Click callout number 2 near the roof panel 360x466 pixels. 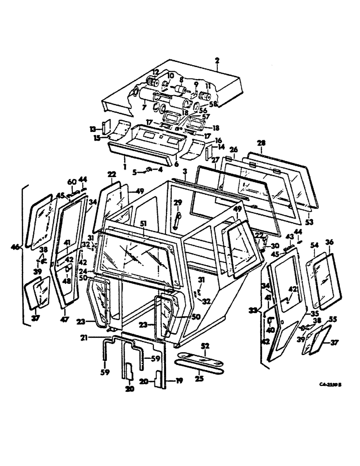(216, 61)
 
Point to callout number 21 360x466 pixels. (97, 339)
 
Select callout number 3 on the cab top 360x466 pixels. (185, 172)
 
